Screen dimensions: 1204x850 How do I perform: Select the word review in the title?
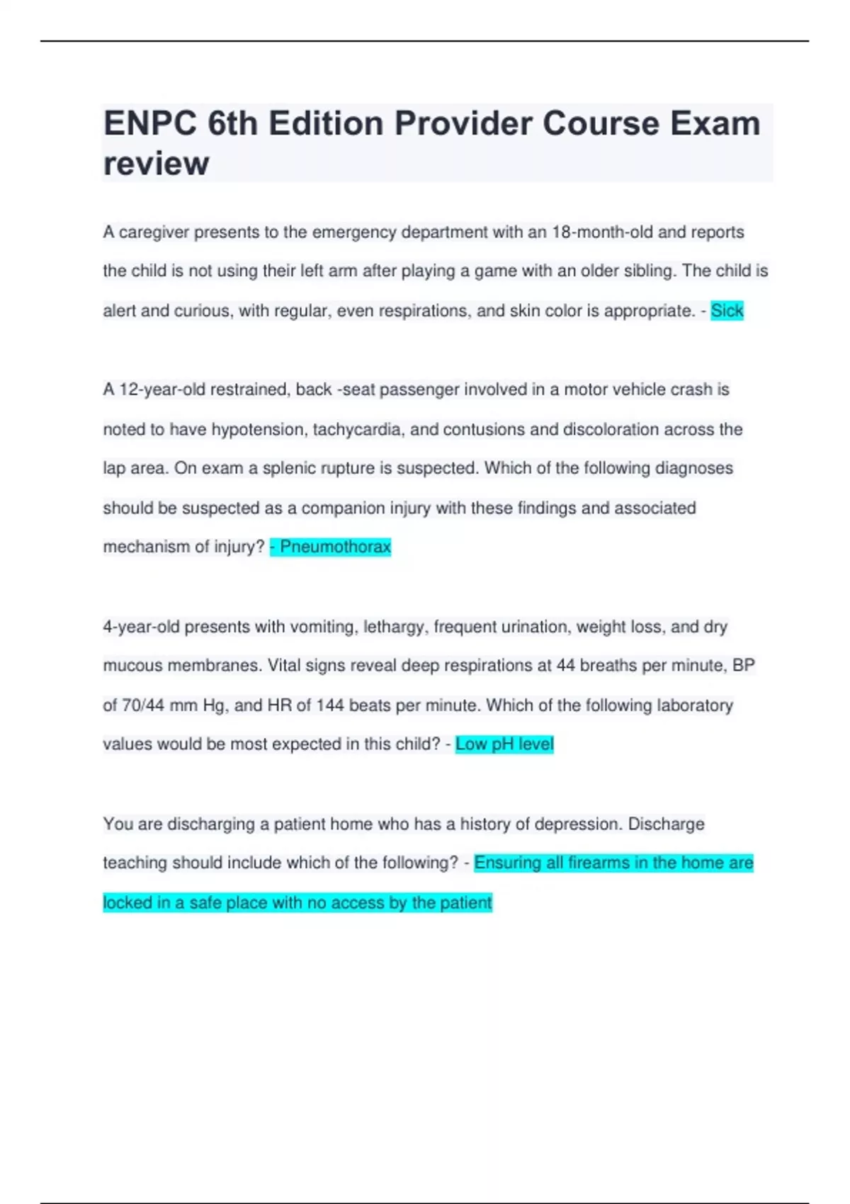(x=156, y=164)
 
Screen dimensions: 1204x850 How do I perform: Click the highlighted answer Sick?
(x=727, y=310)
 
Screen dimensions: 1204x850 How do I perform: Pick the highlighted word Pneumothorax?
(x=335, y=547)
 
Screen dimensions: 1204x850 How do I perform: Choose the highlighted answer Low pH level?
(x=504, y=744)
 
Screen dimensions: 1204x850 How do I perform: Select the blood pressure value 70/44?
(x=144, y=705)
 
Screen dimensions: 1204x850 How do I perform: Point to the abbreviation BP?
(x=743, y=666)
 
